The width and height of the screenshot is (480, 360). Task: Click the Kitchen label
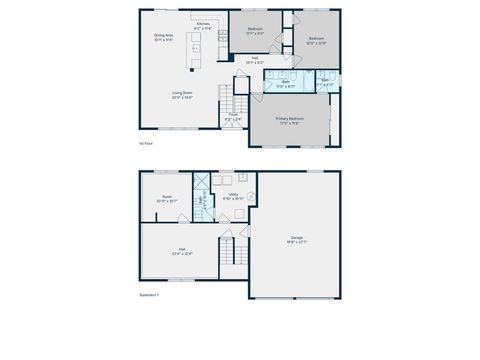202,24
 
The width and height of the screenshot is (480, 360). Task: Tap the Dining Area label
164,38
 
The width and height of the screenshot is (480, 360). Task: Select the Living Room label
182,95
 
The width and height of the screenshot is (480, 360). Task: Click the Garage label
297,239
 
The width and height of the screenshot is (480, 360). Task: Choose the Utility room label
232,197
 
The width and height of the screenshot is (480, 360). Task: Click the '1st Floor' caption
146,144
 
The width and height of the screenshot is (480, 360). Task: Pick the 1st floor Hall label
255,60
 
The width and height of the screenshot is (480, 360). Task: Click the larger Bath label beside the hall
285,85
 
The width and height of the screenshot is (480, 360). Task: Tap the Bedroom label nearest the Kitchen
255,31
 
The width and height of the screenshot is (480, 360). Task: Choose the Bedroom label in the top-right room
316,40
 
